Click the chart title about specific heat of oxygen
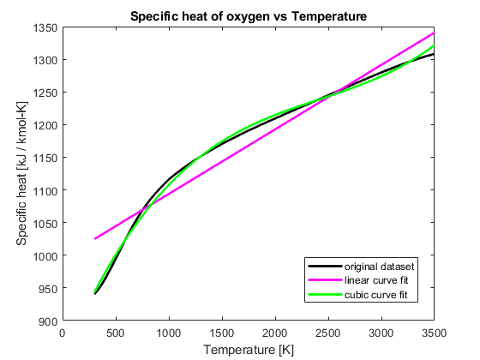coord(249,16)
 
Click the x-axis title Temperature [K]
coord(249,350)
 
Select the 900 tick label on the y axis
coord(48,321)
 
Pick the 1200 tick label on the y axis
coord(45,125)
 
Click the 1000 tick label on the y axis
coord(45,256)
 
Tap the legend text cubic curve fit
coord(376,295)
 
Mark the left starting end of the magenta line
coord(94,238)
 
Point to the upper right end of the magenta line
coord(435,33)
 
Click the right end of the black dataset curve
coord(435,54)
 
